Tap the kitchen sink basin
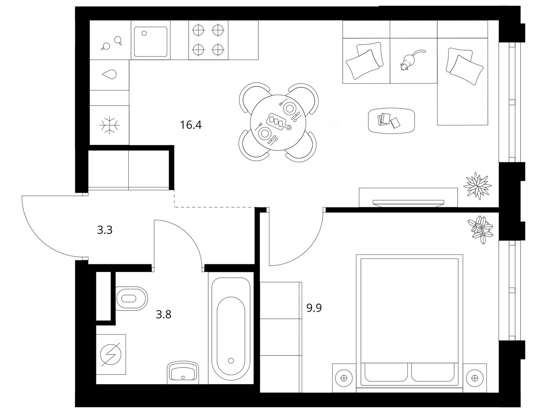click(151, 42)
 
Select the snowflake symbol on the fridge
click(110, 125)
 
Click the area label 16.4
click(191, 125)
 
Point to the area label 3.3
click(105, 230)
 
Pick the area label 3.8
click(163, 315)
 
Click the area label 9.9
click(314, 308)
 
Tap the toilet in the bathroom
click(131, 298)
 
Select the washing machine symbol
click(111, 354)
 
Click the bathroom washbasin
click(183, 373)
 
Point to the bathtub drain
click(231, 360)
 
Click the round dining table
click(278, 122)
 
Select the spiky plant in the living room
click(477, 186)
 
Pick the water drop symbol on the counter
click(109, 74)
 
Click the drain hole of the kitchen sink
click(144, 33)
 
